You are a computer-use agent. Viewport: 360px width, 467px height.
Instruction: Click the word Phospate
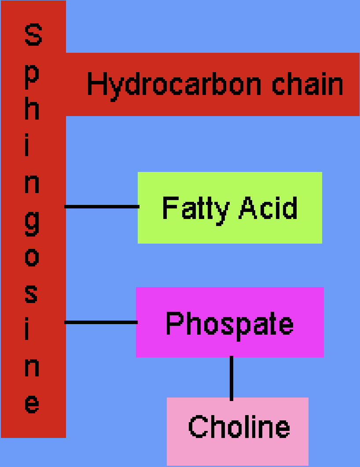click(229, 324)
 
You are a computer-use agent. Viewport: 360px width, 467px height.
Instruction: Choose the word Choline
click(239, 426)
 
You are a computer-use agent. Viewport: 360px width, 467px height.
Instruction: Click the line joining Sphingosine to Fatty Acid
click(102, 206)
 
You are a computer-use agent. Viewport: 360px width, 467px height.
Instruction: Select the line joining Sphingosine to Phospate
click(101, 322)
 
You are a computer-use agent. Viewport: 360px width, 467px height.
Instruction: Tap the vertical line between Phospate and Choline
click(231, 378)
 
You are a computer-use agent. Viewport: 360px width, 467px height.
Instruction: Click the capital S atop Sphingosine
click(33, 35)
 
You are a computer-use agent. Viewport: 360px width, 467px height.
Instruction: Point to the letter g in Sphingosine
click(32, 222)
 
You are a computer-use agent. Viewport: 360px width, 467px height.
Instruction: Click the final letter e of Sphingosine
click(32, 404)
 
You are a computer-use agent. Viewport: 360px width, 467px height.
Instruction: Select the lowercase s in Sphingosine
click(32, 293)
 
